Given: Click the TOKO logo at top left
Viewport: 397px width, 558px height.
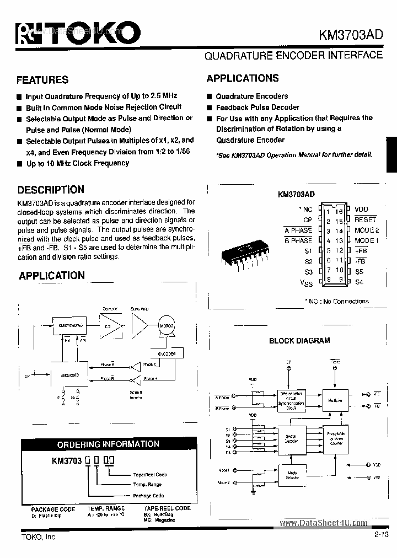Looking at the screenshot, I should (74, 34).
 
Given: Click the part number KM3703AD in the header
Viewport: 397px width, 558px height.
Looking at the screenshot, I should (351, 34).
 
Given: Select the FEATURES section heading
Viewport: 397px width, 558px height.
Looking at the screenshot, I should (42, 80).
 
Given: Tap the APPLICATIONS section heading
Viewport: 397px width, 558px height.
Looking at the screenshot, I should (243, 78).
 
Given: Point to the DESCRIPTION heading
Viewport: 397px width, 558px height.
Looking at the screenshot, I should (51, 190).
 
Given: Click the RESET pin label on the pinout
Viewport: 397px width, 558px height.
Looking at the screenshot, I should (365, 219).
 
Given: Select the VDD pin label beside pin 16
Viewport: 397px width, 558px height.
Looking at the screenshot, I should (361, 210).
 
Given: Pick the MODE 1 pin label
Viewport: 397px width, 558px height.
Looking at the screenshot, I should (367, 240).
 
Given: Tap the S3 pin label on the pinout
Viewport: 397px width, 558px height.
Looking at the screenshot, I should (308, 272).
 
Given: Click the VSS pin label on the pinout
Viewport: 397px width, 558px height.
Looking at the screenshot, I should (306, 283).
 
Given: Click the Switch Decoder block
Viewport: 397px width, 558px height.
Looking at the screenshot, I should (291, 438).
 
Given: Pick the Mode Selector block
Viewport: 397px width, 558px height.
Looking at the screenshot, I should (292, 474).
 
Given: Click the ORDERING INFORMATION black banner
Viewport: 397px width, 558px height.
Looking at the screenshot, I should (108, 444).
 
